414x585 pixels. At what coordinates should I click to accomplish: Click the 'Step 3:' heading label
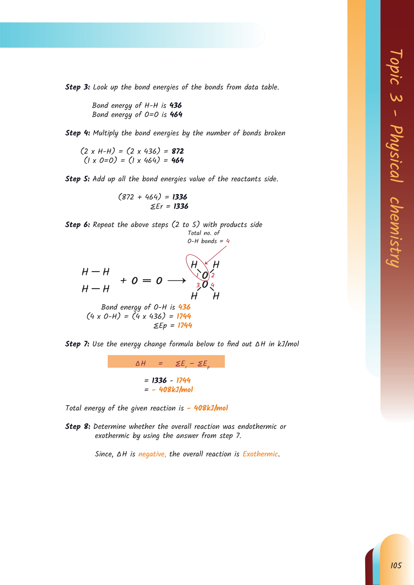point(77,87)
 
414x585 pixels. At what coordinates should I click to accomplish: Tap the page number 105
point(396,566)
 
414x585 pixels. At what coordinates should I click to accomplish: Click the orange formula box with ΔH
point(166,361)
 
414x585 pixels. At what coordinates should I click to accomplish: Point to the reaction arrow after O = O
point(177,281)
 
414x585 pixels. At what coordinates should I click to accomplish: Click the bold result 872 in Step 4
point(178,151)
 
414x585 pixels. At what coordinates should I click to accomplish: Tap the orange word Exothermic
point(260,454)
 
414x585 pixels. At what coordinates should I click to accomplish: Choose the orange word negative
point(152,454)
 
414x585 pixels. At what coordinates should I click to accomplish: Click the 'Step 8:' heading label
point(78,426)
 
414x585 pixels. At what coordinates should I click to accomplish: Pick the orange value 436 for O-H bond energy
point(184,307)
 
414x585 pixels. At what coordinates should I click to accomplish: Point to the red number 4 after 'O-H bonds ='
point(228,241)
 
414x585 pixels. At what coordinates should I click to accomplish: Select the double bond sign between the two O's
point(147,281)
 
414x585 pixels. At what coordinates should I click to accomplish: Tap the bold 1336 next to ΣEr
point(181,206)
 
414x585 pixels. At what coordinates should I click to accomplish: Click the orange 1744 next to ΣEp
point(185,325)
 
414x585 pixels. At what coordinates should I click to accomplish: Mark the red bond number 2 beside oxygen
point(213,275)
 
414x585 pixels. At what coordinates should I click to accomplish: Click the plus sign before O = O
point(123,281)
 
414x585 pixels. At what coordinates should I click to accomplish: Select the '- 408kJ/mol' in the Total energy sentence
point(208,408)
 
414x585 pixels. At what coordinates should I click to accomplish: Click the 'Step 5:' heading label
point(77,179)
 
